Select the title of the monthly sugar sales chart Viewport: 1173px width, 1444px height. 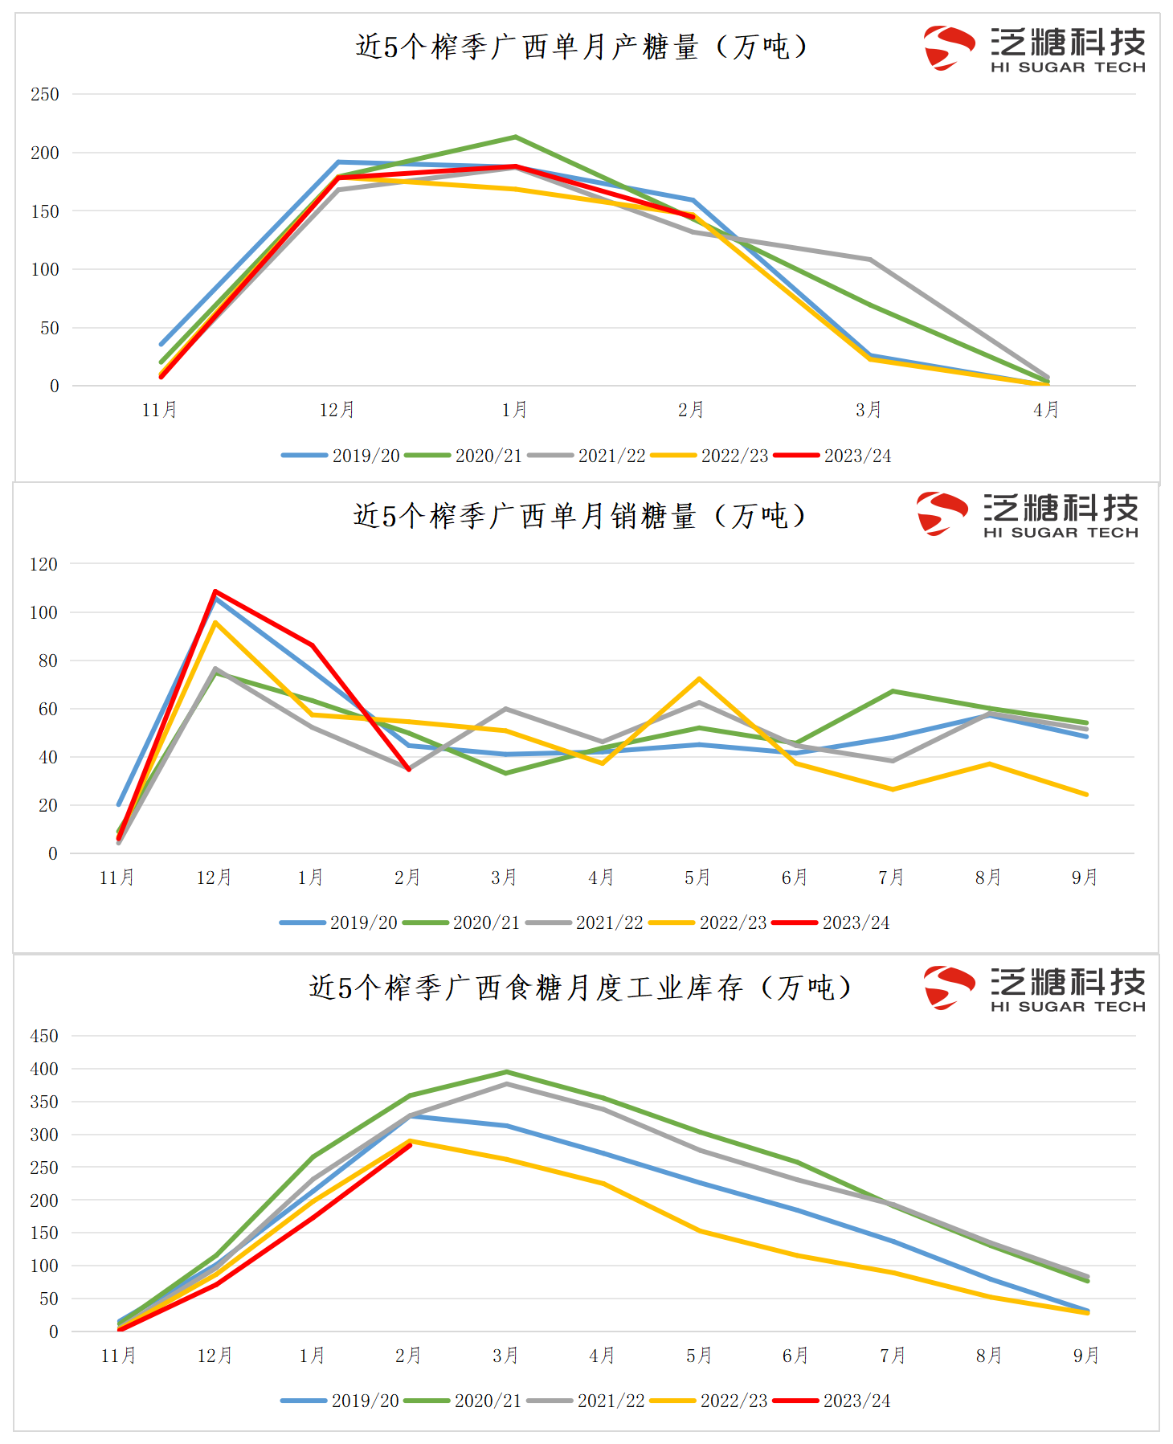click(579, 515)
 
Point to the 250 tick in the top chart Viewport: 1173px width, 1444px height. click(45, 95)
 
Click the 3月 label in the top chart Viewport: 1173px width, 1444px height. click(869, 410)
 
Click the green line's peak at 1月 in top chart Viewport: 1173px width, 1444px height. click(515, 137)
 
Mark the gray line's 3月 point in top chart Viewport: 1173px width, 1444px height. click(869, 260)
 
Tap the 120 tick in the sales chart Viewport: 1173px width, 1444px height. click(43, 564)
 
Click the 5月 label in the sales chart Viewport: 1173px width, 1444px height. click(698, 877)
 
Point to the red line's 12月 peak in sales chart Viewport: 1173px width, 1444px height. click(215, 592)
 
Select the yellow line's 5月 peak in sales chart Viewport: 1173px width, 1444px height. click(700, 679)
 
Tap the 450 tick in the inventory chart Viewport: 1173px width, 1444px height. click(44, 1036)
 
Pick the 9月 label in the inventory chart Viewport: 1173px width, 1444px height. click(1086, 1356)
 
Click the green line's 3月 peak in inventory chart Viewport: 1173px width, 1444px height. click(506, 1072)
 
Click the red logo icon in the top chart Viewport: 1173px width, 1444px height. click(947, 47)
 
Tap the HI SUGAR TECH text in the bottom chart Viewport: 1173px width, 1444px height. click(1068, 1007)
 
